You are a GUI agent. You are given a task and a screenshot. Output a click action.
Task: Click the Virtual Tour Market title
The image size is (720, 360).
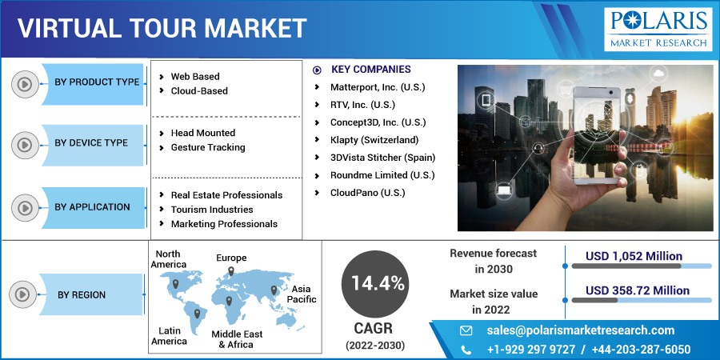coord(162,28)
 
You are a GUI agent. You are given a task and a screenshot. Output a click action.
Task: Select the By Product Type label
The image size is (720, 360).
coord(97,82)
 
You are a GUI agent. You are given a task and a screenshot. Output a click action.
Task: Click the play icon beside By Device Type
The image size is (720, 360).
coord(25,144)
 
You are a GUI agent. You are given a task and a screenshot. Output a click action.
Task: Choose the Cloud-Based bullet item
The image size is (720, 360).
coord(199,91)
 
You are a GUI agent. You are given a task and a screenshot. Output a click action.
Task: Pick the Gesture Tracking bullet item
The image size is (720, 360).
coord(208,147)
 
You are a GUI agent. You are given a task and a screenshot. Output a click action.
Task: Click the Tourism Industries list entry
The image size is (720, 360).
coord(211,210)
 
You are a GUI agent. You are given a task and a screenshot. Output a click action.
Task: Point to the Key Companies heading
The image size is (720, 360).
coord(370,70)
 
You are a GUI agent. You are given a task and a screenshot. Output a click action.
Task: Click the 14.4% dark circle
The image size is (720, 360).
coord(374,283)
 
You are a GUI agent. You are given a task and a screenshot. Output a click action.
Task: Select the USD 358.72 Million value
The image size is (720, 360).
coord(637,290)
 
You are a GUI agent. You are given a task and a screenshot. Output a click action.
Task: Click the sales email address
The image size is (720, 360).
coord(580,330)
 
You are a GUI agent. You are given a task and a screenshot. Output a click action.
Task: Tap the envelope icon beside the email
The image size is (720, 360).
coord(466,330)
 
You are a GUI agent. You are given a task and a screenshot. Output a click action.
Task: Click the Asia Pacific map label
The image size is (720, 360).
coord(303,294)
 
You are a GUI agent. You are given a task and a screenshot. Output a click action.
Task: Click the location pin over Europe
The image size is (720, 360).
coord(231,272)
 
